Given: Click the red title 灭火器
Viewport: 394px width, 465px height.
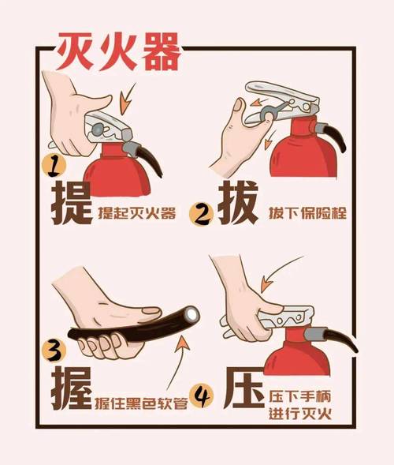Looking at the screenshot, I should pos(117,51).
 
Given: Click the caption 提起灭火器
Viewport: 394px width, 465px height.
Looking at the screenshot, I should pos(143,213).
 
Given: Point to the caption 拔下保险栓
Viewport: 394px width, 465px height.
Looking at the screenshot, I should pos(303,213).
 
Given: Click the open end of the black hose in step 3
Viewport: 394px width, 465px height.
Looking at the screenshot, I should pos(191,315).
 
